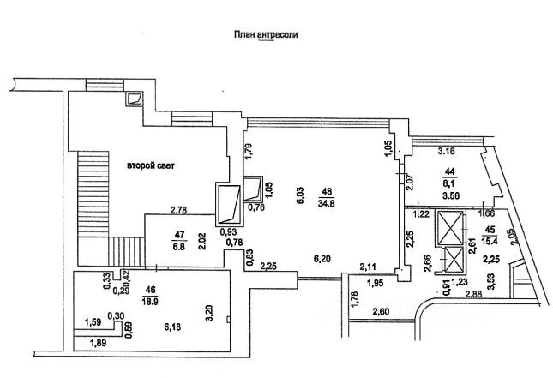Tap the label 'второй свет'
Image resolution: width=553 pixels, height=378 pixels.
pos(151,165)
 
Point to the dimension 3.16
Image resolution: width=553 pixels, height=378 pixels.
pos(446,151)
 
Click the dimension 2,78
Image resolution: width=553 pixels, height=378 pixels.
pos(179,210)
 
